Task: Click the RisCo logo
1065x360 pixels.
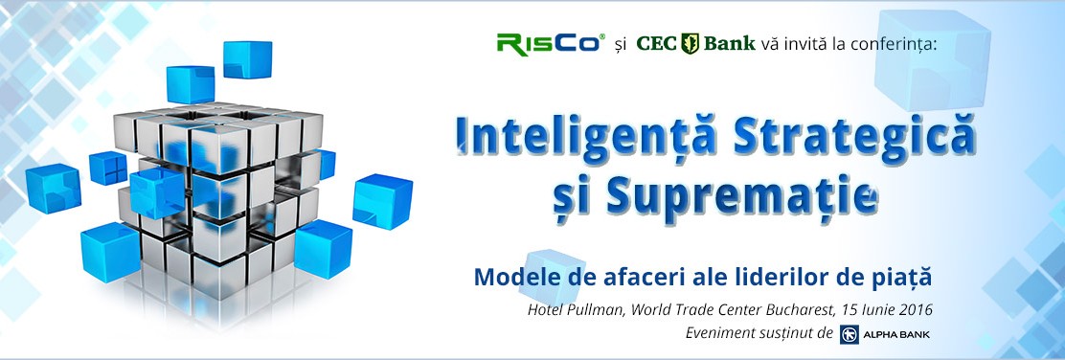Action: pyautogui.click(x=551, y=43)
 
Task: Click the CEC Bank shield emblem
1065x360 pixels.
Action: pyautogui.click(x=690, y=43)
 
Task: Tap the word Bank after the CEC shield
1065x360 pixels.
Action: pyautogui.click(x=730, y=43)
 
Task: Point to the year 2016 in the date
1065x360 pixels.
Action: pyautogui.click(x=915, y=310)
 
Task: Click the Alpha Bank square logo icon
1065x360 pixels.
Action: pyautogui.click(x=850, y=334)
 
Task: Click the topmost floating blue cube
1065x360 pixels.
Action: pyautogui.click(x=247, y=59)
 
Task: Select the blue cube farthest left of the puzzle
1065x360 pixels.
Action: pyautogui.click(x=53, y=189)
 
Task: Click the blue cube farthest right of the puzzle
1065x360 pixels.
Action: pyautogui.click(x=383, y=201)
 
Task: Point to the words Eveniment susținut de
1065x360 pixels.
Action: pyautogui.click(x=759, y=333)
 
